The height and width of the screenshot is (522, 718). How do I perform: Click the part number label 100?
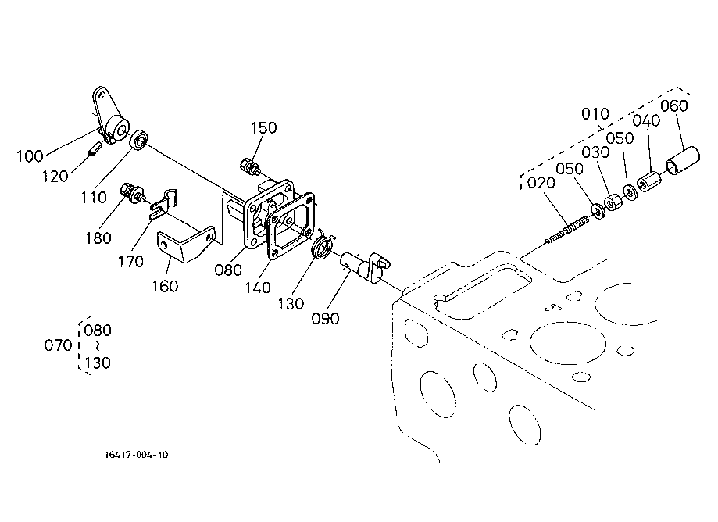click(x=30, y=156)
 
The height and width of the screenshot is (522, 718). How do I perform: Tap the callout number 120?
click(x=55, y=177)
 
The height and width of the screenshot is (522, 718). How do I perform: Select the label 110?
click(x=94, y=198)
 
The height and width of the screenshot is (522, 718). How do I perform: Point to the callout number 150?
click(x=264, y=127)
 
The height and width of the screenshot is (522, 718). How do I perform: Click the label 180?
click(x=98, y=238)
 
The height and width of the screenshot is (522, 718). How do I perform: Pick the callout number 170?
click(x=131, y=262)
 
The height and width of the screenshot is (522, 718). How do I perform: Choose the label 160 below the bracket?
click(x=166, y=286)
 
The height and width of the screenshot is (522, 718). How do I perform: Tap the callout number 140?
click(x=257, y=288)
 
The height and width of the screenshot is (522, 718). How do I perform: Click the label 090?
click(x=325, y=318)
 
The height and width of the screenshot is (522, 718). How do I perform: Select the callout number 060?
click(x=674, y=105)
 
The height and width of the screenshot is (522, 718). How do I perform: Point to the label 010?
click(x=595, y=113)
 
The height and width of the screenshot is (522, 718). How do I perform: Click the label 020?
click(x=541, y=183)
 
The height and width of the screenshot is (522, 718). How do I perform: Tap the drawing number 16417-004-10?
click(x=137, y=455)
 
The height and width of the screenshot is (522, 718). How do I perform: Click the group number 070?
click(x=58, y=345)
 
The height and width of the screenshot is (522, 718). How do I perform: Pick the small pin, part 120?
click(x=95, y=148)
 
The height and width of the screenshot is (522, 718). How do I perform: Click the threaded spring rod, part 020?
click(x=568, y=230)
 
